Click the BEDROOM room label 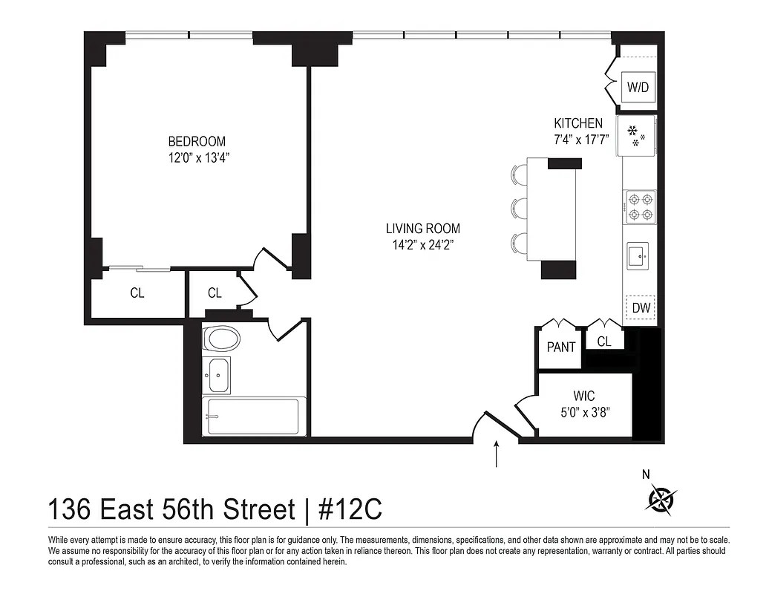(197, 141)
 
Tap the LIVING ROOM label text (422, 229)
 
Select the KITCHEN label (578, 123)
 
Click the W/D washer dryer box (638, 87)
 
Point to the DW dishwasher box (641, 307)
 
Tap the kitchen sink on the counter (638, 256)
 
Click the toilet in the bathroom (222, 340)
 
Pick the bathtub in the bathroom (252, 418)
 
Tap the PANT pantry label (561, 347)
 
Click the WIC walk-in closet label (584, 396)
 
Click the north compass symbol (660, 498)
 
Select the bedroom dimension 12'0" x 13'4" (197, 157)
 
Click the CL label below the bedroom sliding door (137, 293)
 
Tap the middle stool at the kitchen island (518, 208)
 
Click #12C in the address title (350, 511)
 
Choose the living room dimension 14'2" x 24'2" (422, 245)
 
